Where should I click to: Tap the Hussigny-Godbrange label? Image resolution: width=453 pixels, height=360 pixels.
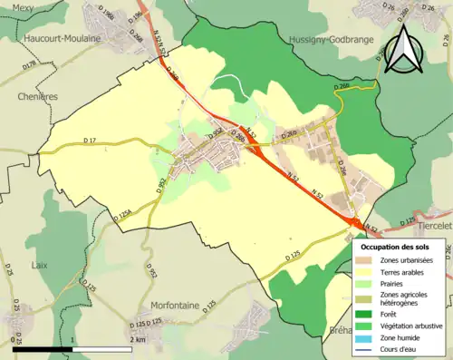click(x=329, y=40)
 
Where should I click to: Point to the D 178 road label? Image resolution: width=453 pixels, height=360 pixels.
click(x=29, y=65)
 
